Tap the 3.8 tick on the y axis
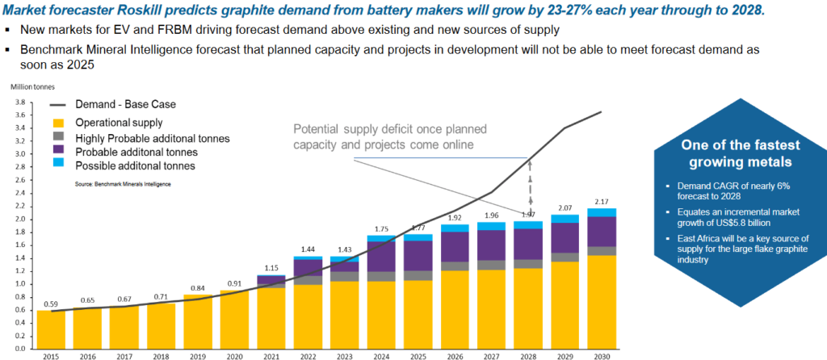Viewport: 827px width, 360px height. (22, 102)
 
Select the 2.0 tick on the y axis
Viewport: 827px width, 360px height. (22, 219)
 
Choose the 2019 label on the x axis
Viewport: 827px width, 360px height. (196, 355)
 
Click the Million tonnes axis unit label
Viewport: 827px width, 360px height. (30, 86)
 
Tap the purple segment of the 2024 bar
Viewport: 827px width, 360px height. (382, 256)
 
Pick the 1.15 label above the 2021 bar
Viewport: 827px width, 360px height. (271, 267)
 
